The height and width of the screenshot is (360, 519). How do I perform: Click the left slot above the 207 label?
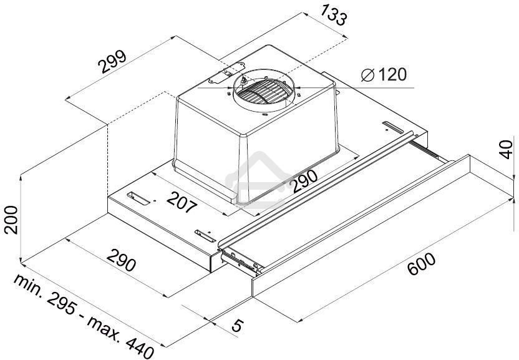point(141,199)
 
